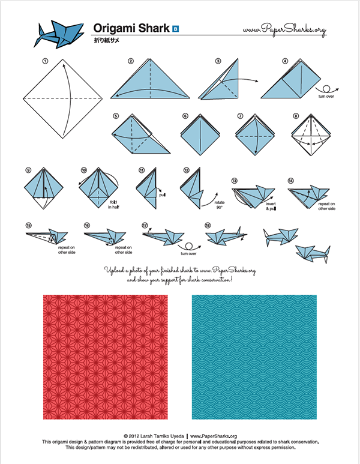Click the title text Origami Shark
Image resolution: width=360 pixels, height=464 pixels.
[x=131, y=28]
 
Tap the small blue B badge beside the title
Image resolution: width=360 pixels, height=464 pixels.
[x=175, y=28]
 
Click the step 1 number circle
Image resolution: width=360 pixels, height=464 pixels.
[x=44, y=61]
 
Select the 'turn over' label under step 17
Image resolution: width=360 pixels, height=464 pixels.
[x=192, y=253]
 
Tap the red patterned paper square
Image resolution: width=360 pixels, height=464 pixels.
[x=106, y=357]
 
